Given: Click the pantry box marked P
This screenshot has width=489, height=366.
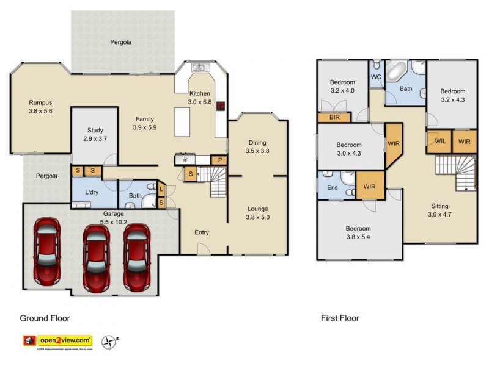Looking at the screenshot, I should coord(219,160).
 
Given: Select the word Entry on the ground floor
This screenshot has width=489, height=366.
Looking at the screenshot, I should coord(201,232).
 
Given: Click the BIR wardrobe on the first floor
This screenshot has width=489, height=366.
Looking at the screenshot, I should coord(334,118).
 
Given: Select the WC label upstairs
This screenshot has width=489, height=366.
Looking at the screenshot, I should coord(377,77).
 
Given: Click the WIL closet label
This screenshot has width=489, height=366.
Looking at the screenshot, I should coord(439,141).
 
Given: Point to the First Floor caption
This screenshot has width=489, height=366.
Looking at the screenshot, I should coord(340,318).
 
